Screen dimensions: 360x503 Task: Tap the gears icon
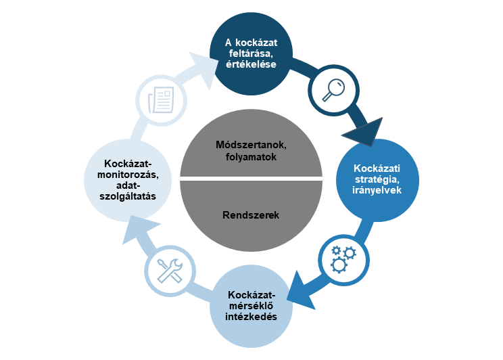pos(342,258)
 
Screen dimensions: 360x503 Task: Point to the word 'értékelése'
pos(251,65)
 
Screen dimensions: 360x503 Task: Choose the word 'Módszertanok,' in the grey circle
pos(251,146)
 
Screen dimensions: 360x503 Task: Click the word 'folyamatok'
pos(251,157)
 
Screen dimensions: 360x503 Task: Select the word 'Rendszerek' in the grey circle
pos(251,216)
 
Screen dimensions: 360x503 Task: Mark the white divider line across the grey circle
pos(251,179)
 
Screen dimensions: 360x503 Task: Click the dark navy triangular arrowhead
pos(359,131)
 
